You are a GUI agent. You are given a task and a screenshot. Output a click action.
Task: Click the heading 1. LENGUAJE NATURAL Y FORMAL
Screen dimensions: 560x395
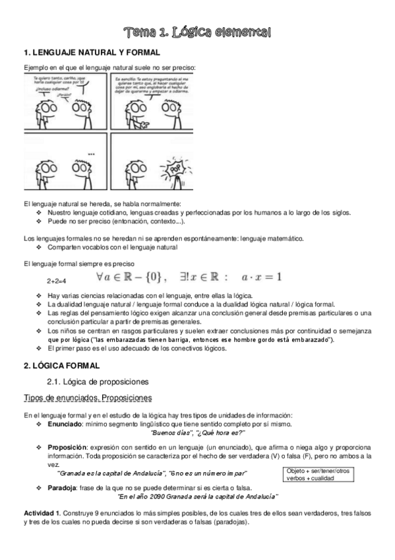pos(92,52)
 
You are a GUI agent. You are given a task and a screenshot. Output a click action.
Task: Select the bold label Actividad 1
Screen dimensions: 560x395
pos(42,513)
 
